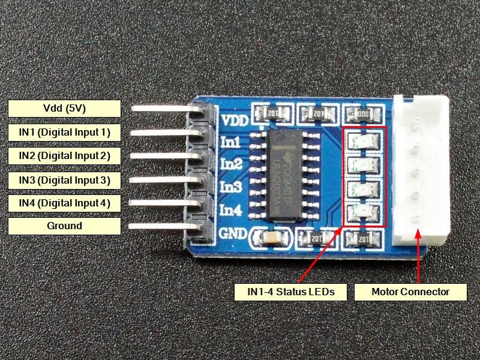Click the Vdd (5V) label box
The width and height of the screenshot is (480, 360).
coord(65,109)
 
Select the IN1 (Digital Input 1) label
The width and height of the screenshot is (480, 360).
coord(65,132)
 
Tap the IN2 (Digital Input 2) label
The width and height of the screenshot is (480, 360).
coord(65,155)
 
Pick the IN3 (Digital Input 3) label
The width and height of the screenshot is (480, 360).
coord(65,179)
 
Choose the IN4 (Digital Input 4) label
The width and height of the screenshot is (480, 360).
coord(65,203)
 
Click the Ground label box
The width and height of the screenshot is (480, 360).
coord(65,226)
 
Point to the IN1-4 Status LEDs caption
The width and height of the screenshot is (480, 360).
coord(290,292)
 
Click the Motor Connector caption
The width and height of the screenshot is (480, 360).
coord(410,292)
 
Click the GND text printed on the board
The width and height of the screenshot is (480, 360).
coord(233,233)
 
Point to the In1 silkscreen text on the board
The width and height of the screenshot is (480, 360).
coord(231,142)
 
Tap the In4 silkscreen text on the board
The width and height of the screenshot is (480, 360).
coord(231,211)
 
